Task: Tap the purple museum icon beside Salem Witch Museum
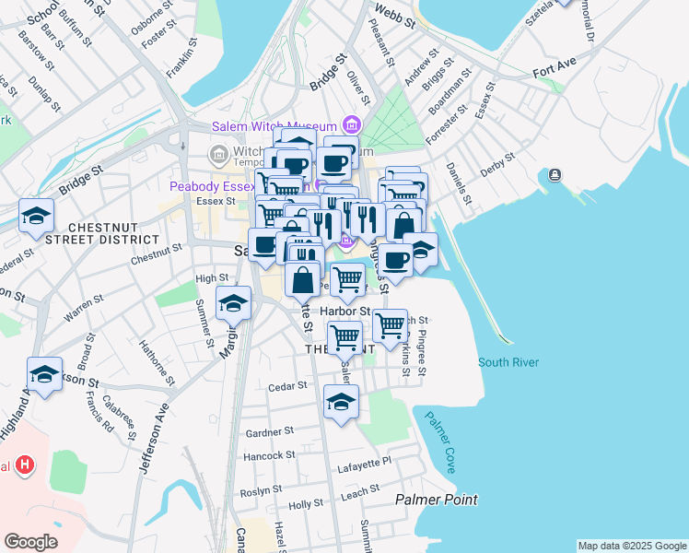pyautogui.click(x=351, y=124)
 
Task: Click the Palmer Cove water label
pyautogui.click(x=439, y=441)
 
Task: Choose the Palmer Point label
pyautogui.click(x=437, y=500)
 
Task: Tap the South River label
pyautogui.click(x=508, y=362)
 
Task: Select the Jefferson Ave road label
pyautogui.click(x=154, y=443)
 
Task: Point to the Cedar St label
pyautogui.click(x=286, y=387)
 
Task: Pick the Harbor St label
pyautogui.click(x=344, y=312)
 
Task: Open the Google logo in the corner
pyautogui.click(x=31, y=542)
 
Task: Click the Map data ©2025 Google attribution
pyautogui.click(x=631, y=546)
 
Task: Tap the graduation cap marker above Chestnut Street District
pyautogui.click(x=37, y=216)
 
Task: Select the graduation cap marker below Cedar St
pyautogui.click(x=341, y=402)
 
